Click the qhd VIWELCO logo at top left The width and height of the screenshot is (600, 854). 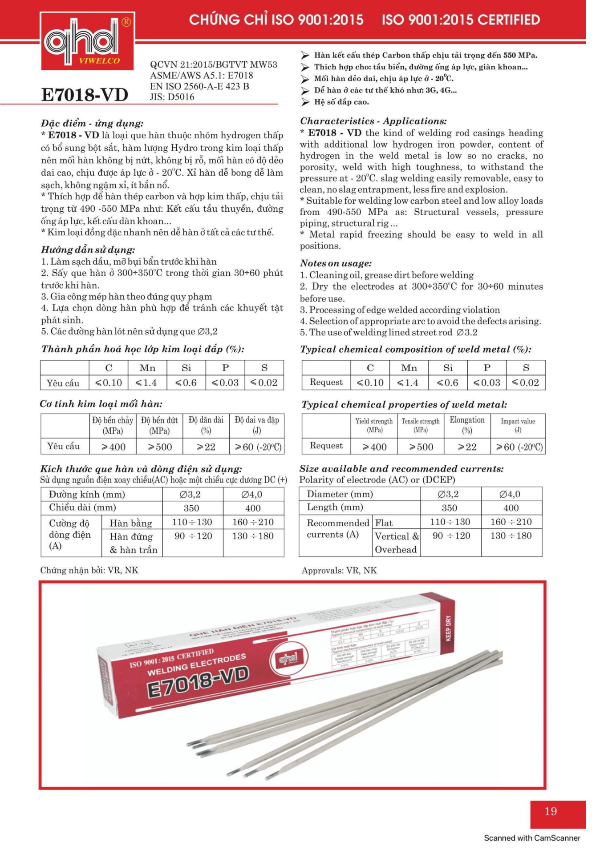[87, 41]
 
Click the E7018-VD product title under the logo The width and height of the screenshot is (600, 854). [85, 95]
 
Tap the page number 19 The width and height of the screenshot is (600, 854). [551, 811]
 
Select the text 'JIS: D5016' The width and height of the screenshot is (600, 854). [172, 97]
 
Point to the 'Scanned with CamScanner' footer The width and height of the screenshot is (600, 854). [532, 838]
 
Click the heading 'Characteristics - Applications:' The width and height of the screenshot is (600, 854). [373, 121]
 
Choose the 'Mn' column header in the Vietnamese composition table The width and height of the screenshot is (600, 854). [147, 368]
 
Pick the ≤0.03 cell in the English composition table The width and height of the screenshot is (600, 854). [486, 383]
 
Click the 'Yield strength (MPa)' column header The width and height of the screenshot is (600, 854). [374, 425]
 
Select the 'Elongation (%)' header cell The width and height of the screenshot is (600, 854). [467, 425]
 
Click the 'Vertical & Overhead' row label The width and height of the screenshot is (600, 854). [397, 543]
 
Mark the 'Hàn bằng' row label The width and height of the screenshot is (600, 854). [131, 523]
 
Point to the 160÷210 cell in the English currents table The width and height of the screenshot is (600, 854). [511, 522]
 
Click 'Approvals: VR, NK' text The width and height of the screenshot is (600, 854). [339, 570]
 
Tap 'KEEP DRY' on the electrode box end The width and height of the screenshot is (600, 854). [448, 628]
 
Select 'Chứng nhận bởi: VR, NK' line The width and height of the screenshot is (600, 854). [89, 570]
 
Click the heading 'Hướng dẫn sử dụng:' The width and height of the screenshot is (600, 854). [88, 250]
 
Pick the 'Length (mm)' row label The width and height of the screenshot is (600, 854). [335, 507]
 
